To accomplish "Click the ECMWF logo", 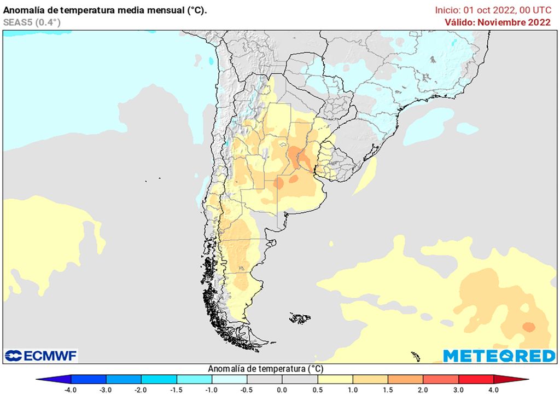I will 41,356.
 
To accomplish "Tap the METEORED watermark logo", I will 499,356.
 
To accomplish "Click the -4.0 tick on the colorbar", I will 71,389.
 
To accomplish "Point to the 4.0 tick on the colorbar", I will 494,389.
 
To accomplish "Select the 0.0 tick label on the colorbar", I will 282,389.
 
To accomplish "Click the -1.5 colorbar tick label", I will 177,389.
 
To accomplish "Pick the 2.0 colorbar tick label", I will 423,389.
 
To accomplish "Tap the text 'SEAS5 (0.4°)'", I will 32,22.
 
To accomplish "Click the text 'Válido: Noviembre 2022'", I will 497,22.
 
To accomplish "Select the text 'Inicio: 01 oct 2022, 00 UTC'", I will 493,10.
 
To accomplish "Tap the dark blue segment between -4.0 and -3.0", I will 89,379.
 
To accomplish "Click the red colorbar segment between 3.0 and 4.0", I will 476,379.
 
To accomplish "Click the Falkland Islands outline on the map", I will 300,317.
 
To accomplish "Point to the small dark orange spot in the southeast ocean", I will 528,327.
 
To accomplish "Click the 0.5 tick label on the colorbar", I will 318,389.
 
